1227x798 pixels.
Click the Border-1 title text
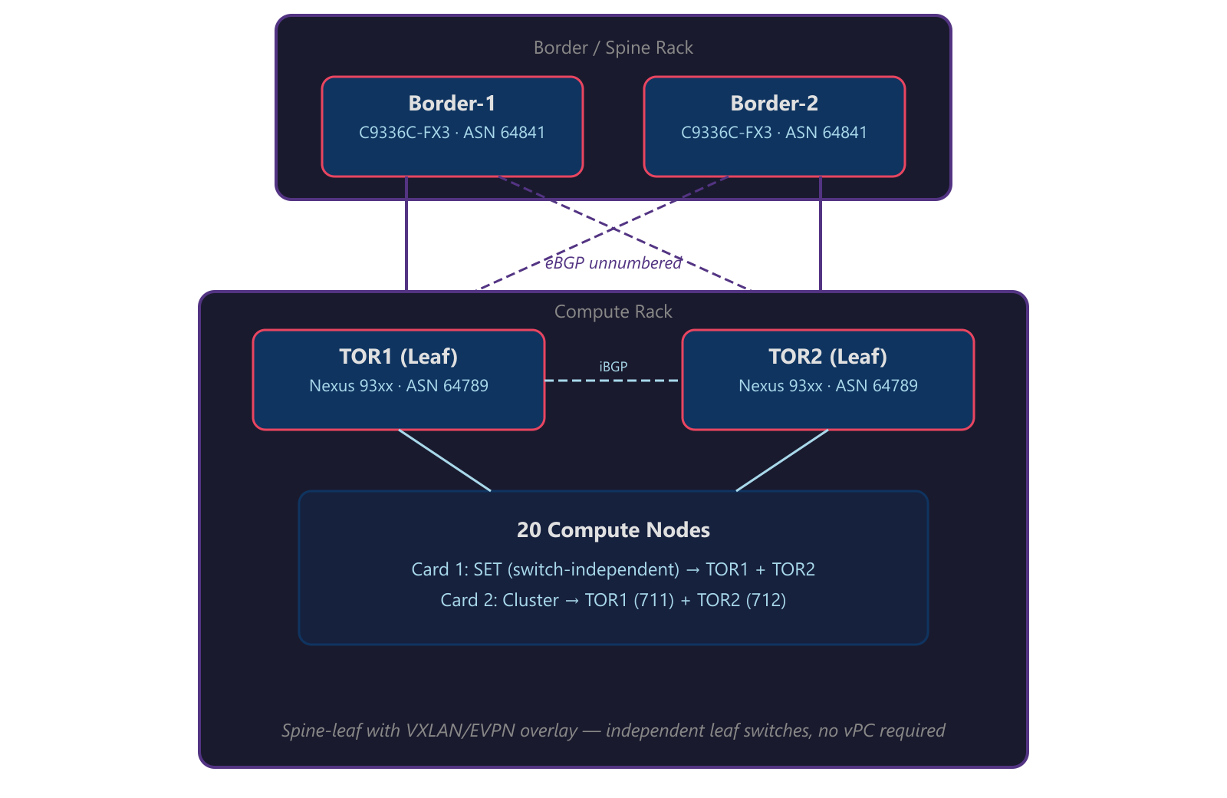452,103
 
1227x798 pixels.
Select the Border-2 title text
774,103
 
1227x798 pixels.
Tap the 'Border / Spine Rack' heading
613,48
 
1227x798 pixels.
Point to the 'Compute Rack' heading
613,312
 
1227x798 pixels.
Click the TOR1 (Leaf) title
398,357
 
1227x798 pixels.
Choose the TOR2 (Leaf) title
827,357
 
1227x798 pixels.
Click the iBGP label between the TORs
613,367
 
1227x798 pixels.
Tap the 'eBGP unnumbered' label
613,263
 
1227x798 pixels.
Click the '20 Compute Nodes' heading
613,530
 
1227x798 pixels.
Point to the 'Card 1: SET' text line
613,569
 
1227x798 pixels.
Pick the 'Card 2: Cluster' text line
613,600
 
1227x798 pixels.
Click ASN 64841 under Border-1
504,133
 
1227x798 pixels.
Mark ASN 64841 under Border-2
826,133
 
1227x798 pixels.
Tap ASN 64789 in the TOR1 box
447,386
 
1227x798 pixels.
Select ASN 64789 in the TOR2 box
877,386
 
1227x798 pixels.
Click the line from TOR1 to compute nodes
445,460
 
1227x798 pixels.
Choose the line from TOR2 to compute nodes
782,460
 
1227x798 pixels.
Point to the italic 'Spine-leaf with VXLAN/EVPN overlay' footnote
613,730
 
